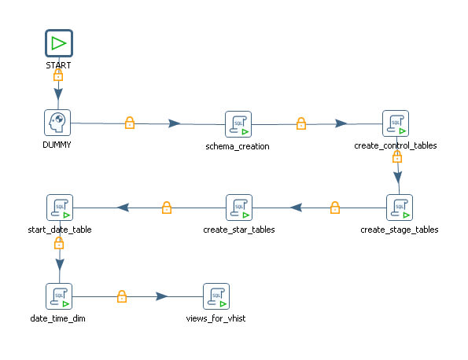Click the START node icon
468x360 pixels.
(59, 43)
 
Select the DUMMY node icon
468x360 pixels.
(57, 123)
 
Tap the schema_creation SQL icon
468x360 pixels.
(238, 124)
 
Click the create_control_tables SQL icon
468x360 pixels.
(396, 123)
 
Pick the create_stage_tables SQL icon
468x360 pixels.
(400, 208)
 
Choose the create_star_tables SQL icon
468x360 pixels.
(239, 208)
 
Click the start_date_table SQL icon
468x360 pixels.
(60, 208)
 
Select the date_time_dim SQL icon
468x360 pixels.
(59, 296)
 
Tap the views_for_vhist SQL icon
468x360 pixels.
(216, 296)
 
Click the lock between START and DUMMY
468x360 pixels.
(58, 75)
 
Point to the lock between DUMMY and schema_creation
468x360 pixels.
(130, 123)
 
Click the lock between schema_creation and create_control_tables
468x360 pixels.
(301, 123)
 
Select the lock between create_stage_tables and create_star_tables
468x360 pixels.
(335, 208)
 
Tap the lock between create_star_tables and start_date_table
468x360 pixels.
(167, 208)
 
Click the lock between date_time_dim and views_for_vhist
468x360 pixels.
(122, 296)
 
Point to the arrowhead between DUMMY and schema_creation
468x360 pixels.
(175, 123)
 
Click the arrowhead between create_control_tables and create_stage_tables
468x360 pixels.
(398, 177)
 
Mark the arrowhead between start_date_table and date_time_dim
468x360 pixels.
(60, 265)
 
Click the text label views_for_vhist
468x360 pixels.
(216, 318)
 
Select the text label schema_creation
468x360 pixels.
(238, 146)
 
